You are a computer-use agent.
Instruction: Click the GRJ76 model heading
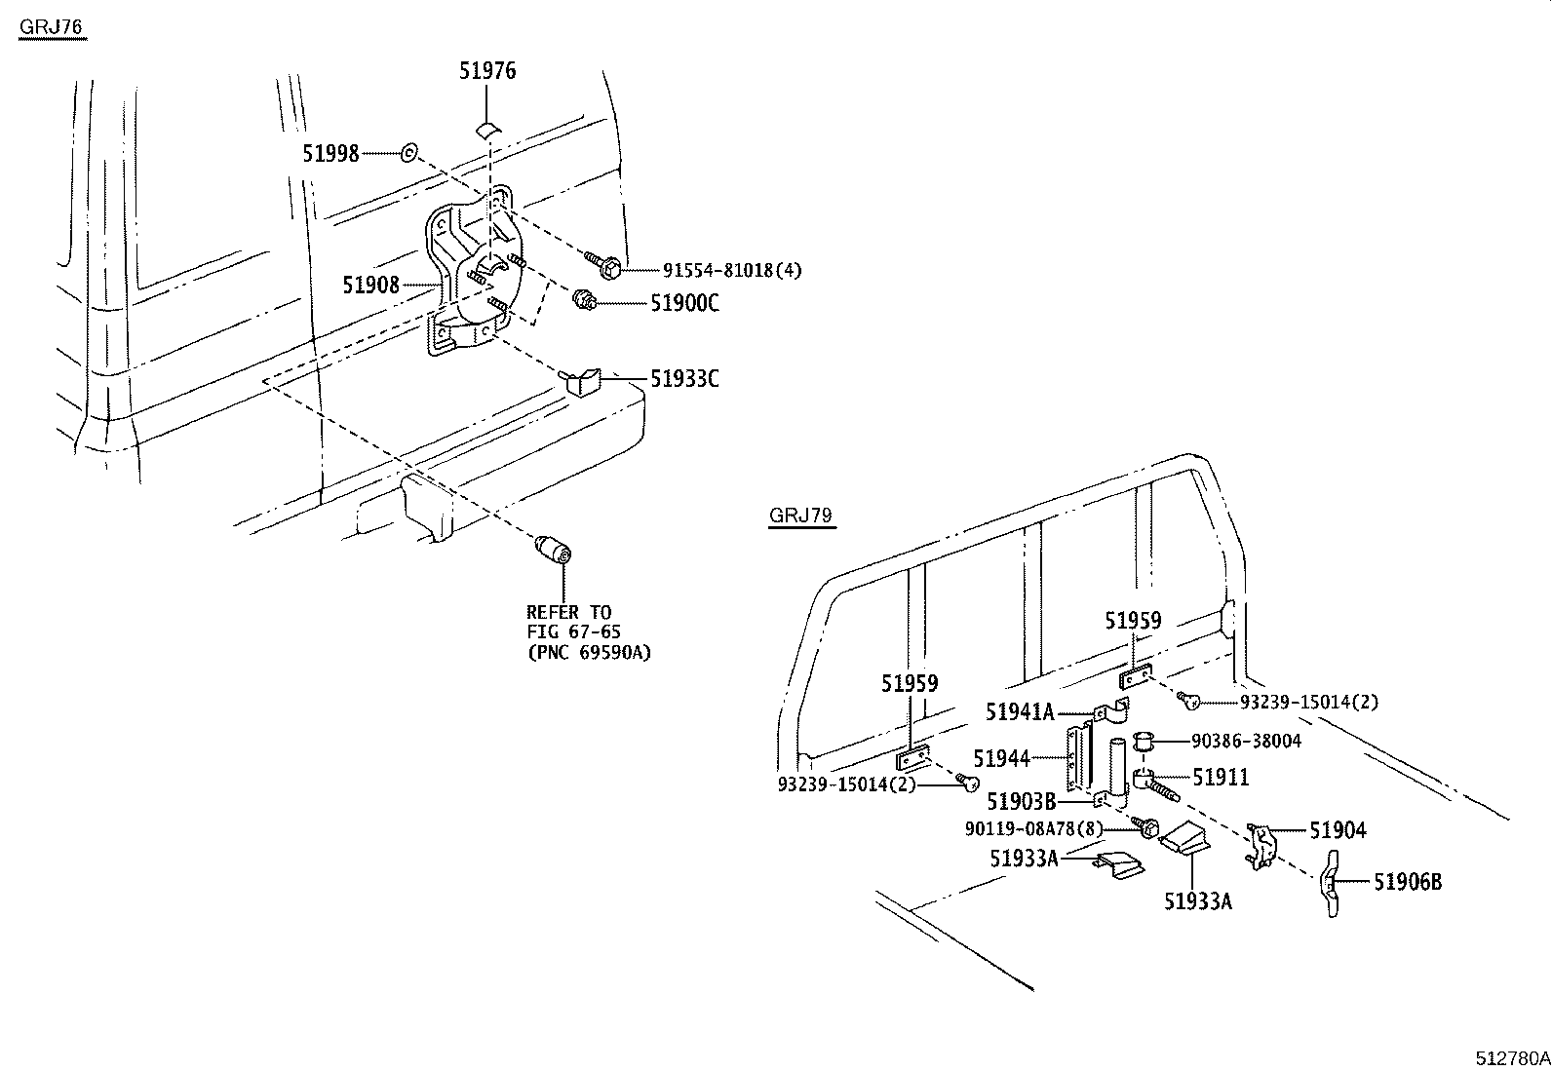[52, 27]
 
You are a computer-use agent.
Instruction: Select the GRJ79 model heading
[800, 516]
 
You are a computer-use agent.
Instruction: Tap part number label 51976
[487, 71]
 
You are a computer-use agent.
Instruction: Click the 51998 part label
[330, 153]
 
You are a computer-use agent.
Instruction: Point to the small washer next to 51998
[409, 152]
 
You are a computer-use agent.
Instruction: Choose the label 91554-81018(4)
[732, 270]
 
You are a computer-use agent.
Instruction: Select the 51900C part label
[684, 303]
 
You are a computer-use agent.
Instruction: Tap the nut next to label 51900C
[583, 301]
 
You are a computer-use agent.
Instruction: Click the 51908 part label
[370, 285]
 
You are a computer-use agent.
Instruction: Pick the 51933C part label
[684, 379]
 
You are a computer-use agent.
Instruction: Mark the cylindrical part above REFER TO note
[553, 550]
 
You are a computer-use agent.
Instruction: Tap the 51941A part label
[1020, 711]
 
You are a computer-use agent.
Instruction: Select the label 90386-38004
[1247, 742]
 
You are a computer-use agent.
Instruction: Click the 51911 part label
[1221, 778]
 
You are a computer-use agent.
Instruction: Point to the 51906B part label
[1408, 882]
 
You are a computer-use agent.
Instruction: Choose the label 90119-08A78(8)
[1033, 828]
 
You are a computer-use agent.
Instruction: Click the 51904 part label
[1338, 830]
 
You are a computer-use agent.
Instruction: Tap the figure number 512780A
[1512, 1058]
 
